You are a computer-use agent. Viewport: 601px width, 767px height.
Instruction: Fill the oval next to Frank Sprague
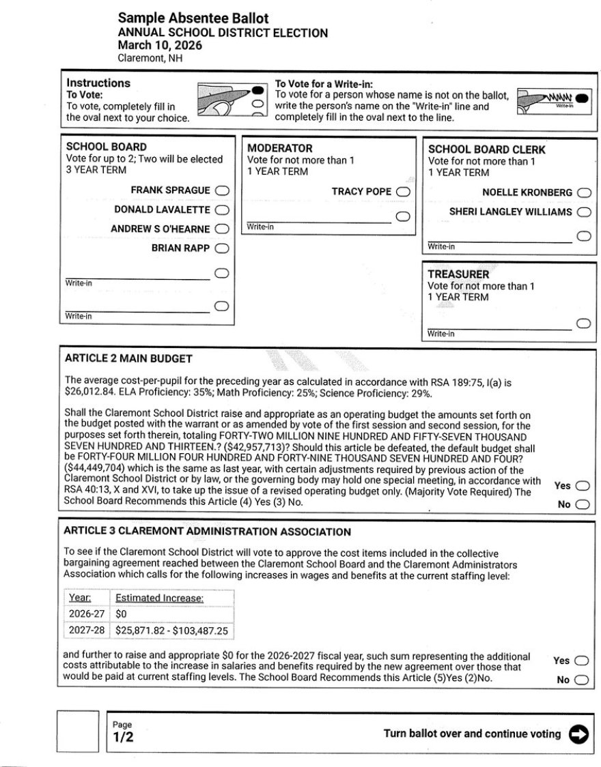[x=222, y=190]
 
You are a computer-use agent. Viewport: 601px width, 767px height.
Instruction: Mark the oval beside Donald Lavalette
[x=222, y=210]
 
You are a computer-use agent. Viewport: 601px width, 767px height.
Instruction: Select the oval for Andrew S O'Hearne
[x=222, y=229]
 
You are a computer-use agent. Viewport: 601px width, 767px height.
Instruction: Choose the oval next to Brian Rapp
[x=222, y=248]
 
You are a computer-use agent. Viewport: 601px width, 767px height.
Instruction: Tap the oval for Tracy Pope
[x=403, y=192]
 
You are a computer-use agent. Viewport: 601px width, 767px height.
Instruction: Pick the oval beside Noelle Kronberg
[x=583, y=193]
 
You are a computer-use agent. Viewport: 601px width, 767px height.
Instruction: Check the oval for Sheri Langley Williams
[x=583, y=212]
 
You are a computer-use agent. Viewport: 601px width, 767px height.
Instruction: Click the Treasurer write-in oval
[x=583, y=323]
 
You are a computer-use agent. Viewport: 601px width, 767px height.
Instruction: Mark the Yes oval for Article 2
[x=582, y=486]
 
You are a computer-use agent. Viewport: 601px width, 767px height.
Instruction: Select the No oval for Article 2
[x=582, y=505]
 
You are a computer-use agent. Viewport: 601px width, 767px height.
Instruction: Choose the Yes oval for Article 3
[x=582, y=661]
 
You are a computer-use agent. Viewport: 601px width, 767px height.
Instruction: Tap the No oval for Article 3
[x=582, y=680]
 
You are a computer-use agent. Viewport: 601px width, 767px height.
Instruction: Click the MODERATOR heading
[x=280, y=148]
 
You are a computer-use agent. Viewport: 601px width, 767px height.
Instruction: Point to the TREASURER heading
[x=459, y=274]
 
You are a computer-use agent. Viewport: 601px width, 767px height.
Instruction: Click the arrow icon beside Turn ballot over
[x=578, y=734]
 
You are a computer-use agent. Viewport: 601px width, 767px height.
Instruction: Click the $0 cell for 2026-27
[x=121, y=614]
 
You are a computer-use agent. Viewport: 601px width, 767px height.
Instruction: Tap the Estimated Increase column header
[x=160, y=598]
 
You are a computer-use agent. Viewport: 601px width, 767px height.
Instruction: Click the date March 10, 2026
[x=160, y=46]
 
